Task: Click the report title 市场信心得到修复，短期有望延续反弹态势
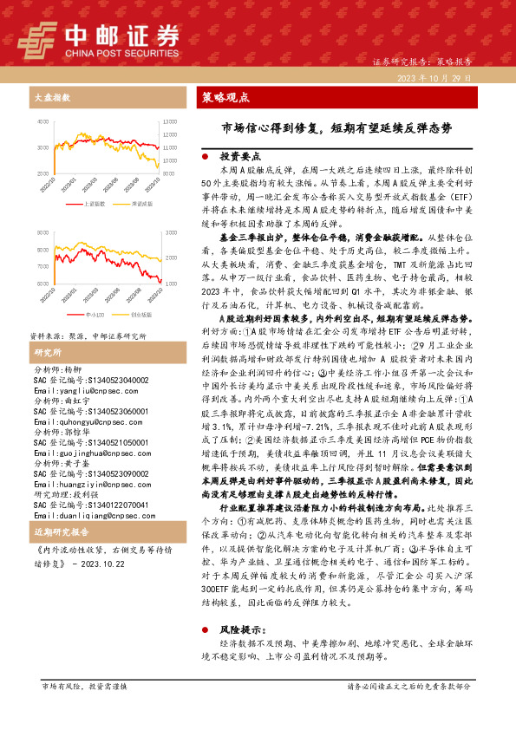tap(336, 127)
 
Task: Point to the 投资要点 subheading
tap(238, 157)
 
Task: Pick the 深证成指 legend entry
tap(141, 203)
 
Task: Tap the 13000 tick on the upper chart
tap(171, 123)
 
